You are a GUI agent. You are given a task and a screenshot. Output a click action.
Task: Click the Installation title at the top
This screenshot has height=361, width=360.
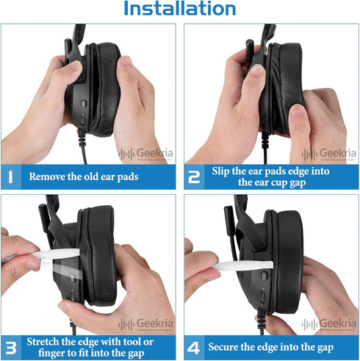coord(179,10)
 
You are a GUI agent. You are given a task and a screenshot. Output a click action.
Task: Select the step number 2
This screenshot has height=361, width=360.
coord(193,176)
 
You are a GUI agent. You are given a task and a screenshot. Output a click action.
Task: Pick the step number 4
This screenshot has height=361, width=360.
coord(193,346)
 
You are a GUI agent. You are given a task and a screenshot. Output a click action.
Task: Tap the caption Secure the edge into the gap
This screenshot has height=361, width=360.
coord(272,346)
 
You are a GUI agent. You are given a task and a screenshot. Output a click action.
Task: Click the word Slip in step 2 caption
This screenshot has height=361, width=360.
coord(224,171)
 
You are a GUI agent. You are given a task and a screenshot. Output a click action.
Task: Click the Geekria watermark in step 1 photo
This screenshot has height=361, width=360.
coord(148,154)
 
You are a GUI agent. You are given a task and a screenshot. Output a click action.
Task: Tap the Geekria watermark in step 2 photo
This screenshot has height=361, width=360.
coord(331,154)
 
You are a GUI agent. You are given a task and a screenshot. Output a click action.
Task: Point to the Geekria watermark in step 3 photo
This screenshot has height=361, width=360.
coord(148,324)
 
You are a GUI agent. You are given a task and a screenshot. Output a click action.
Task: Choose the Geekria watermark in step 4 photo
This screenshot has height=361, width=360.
coord(331,324)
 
